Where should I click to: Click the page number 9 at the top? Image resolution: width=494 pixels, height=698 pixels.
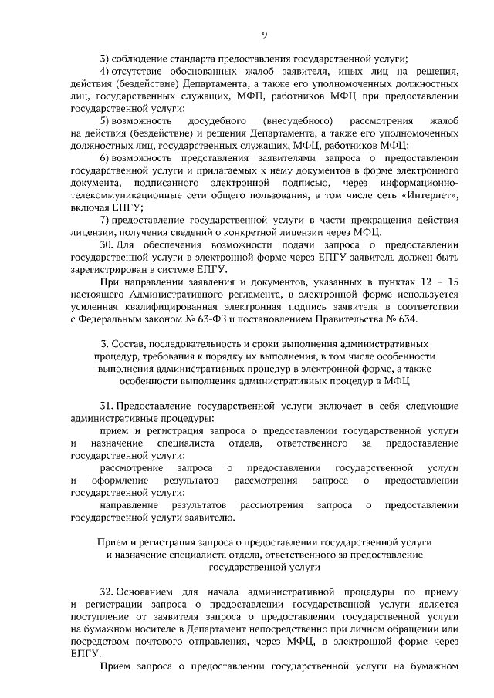[264, 35]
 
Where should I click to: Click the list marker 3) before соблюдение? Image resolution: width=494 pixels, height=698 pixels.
[106, 59]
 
